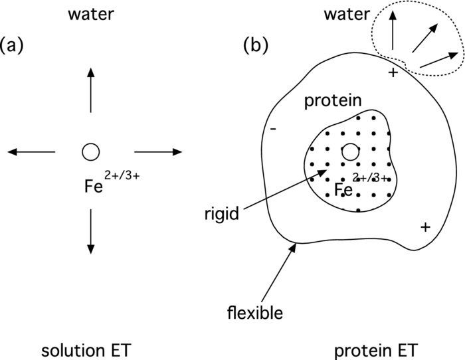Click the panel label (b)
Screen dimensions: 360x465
click(x=257, y=45)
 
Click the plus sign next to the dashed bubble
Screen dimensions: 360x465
click(x=393, y=72)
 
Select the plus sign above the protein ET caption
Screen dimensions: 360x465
click(x=425, y=228)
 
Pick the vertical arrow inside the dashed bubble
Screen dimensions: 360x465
click(x=393, y=28)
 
